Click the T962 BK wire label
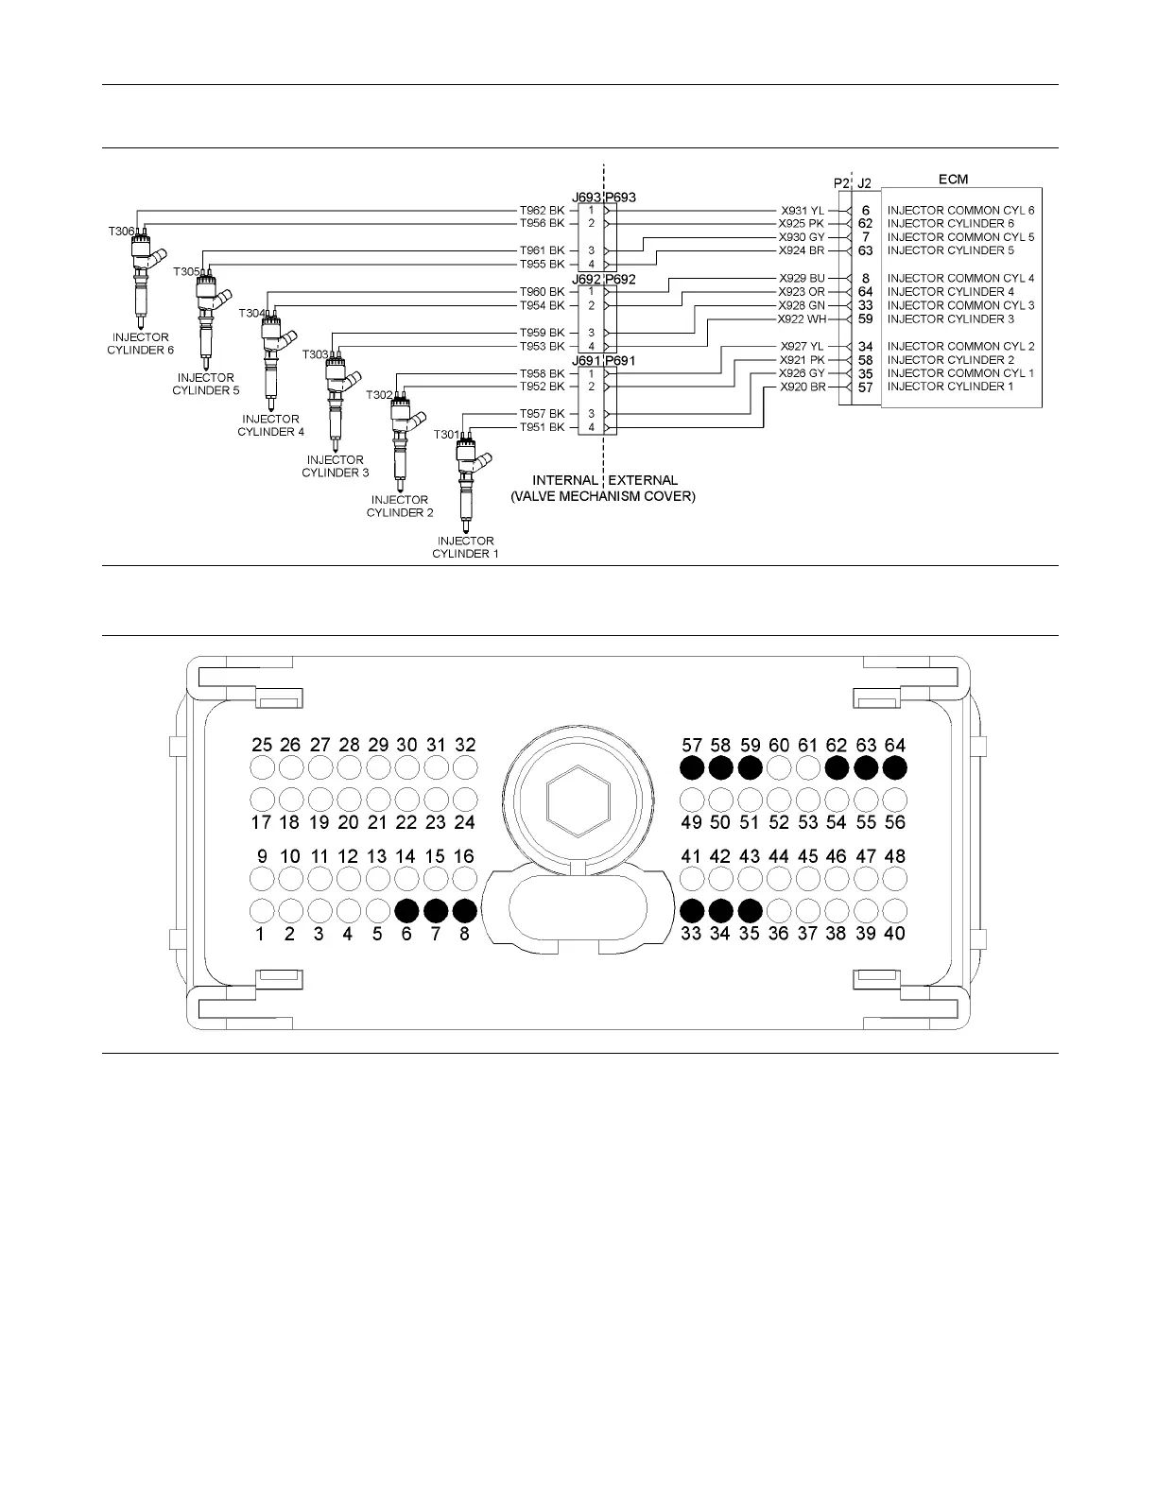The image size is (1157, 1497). (x=542, y=210)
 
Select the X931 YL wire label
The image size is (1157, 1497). (x=802, y=210)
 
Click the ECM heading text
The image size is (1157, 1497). (x=953, y=179)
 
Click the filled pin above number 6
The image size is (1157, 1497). (x=406, y=911)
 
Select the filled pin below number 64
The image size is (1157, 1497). (x=894, y=766)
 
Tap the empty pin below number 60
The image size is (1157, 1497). (x=778, y=766)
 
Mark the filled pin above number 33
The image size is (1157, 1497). (x=691, y=911)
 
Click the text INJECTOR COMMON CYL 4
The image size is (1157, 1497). (x=960, y=279)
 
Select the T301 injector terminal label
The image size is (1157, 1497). (x=445, y=435)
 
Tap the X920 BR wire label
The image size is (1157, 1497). (x=802, y=387)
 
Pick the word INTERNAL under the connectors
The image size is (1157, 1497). (x=564, y=481)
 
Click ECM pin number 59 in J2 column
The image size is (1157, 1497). (x=865, y=319)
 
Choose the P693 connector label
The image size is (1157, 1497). (x=620, y=198)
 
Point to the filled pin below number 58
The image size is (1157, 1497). (x=720, y=766)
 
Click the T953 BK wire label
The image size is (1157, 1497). (x=542, y=346)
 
